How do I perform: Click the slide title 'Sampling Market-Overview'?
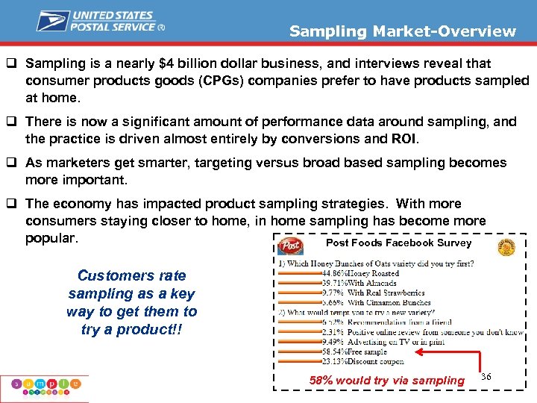click(x=402, y=31)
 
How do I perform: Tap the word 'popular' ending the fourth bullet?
click(x=50, y=238)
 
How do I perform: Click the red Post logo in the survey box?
click(x=289, y=246)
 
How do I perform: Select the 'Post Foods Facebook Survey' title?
click(x=398, y=243)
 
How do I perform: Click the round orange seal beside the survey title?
click(x=506, y=248)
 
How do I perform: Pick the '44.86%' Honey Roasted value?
click(x=333, y=273)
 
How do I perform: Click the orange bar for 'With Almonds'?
click(x=300, y=284)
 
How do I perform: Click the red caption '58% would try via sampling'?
click(x=386, y=381)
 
